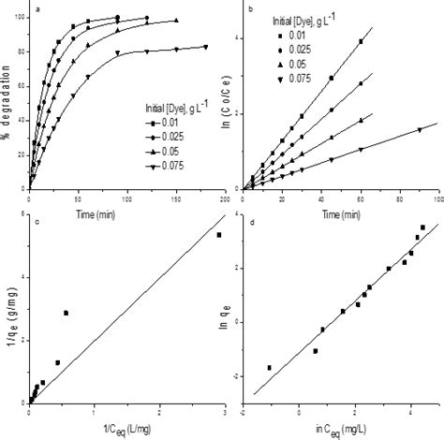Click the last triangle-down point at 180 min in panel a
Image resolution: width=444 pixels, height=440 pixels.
[205, 46]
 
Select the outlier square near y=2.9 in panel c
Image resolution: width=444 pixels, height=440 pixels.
[66, 313]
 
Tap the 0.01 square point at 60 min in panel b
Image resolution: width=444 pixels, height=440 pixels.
[361, 41]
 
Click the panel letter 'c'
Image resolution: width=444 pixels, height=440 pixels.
[36, 222]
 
